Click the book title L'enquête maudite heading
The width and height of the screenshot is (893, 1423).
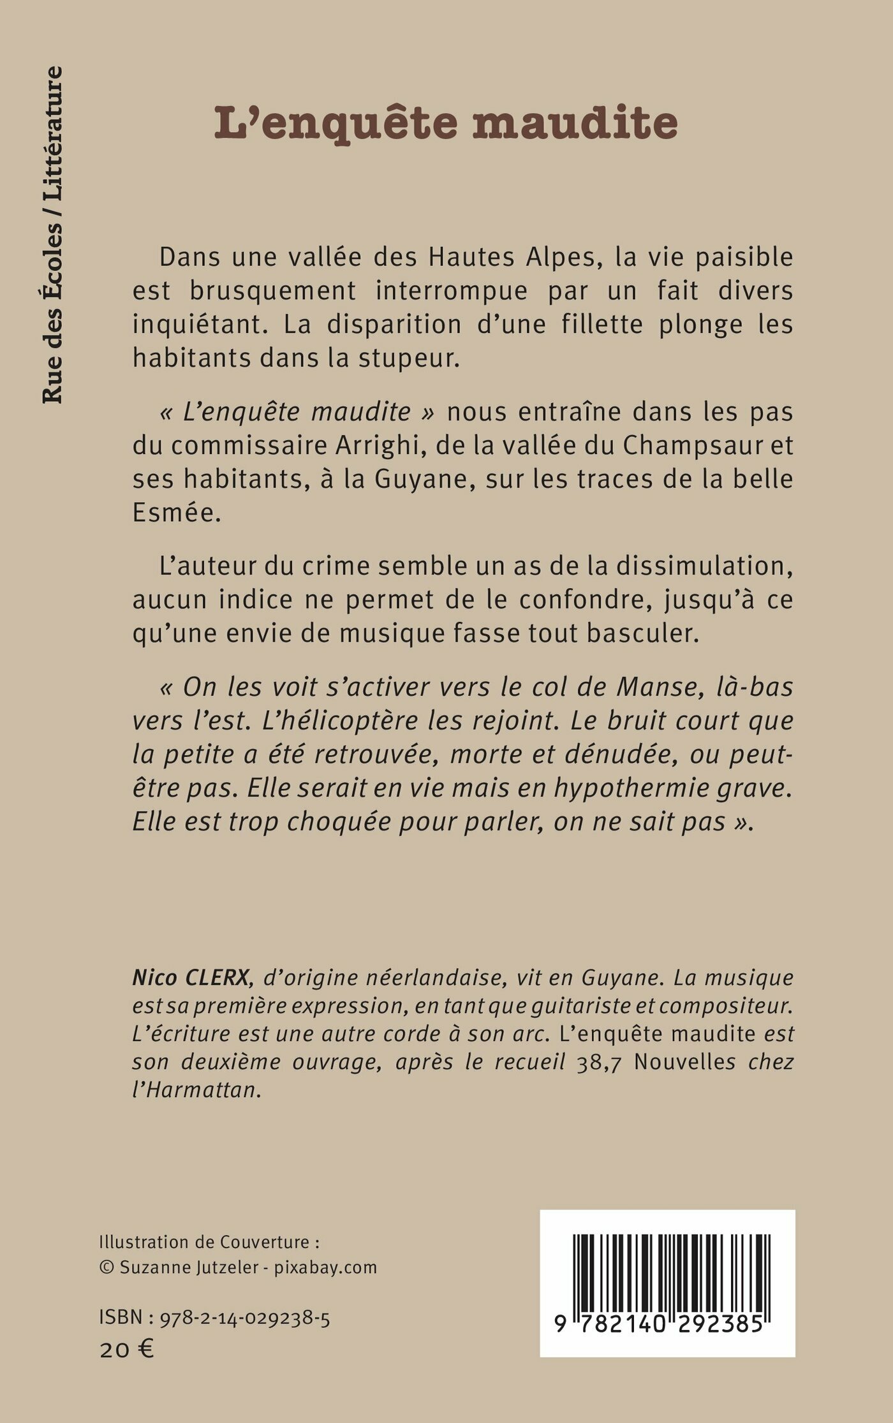[x=446, y=122]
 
